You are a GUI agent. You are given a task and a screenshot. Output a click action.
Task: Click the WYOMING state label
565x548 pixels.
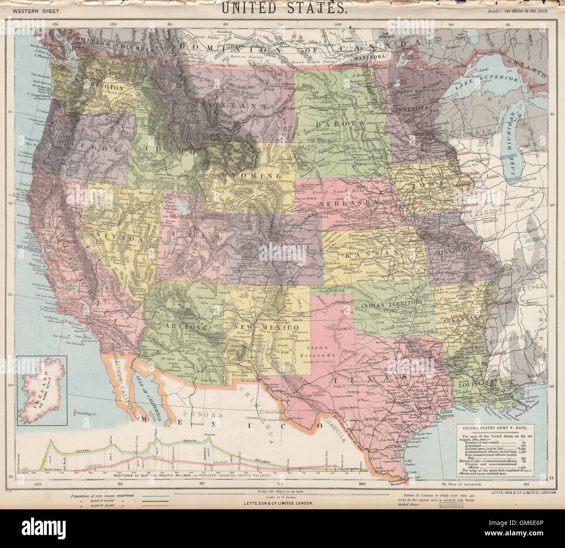tap(252, 176)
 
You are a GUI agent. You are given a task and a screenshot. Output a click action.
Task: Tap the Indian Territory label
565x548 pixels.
tap(391, 302)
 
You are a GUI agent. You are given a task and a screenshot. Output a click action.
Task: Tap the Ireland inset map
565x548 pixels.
tap(42, 391)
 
